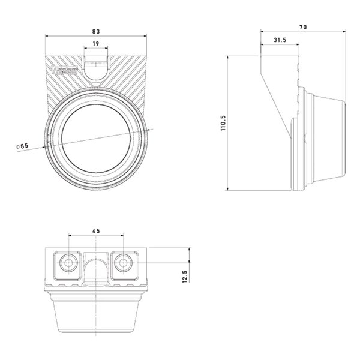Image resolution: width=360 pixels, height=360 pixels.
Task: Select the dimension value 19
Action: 96,43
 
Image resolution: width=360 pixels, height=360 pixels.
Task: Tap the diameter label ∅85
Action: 24,146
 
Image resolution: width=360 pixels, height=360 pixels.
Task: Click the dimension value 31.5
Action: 278,40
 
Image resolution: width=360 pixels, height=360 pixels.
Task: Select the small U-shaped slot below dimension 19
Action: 95,68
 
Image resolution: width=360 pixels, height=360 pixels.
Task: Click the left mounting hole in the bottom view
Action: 68,263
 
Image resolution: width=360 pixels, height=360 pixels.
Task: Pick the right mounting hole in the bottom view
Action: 124,263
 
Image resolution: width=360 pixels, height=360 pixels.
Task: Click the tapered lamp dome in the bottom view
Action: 96,315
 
